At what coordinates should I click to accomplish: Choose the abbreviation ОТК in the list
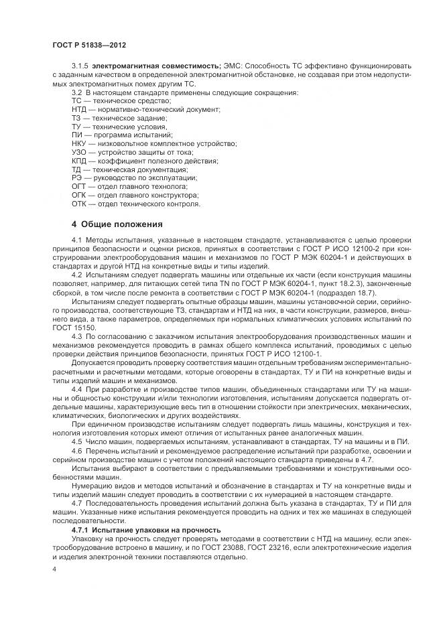(x=79, y=204)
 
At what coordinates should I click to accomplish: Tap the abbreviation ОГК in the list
(x=79, y=196)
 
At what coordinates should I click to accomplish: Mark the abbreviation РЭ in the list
(x=77, y=178)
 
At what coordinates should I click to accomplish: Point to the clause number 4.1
(x=76, y=240)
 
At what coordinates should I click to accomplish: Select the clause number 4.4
(x=76, y=389)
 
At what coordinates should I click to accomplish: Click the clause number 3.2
(x=76, y=91)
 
